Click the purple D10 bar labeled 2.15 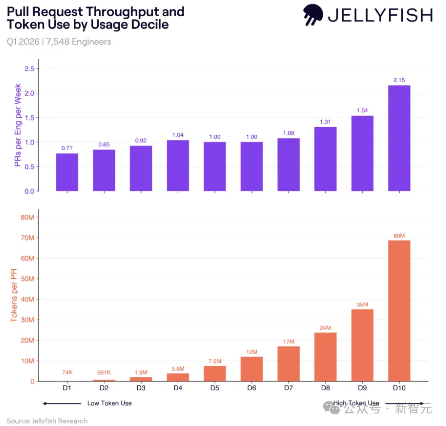(x=399, y=138)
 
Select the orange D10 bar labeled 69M (x=399, y=311)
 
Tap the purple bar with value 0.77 (x=67, y=172)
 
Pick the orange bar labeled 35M (x=362, y=345)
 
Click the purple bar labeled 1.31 (x=325, y=159)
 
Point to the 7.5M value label (x=215, y=361)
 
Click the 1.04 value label (x=178, y=135)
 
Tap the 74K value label (x=67, y=372)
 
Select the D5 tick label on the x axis (x=215, y=388)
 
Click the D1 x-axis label (x=67, y=388)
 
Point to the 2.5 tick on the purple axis (x=29, y=68)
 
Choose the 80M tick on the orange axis (x=27, y=217)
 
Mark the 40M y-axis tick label (x=27, y=299)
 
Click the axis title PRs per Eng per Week (x=17, y=125)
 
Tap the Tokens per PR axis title (x=14, y=295)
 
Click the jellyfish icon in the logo (x=313, y=14)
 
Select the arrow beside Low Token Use (x=62, y=404)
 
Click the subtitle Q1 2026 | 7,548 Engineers (x=59, y=42)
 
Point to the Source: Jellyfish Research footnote (x=47, y=421)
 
